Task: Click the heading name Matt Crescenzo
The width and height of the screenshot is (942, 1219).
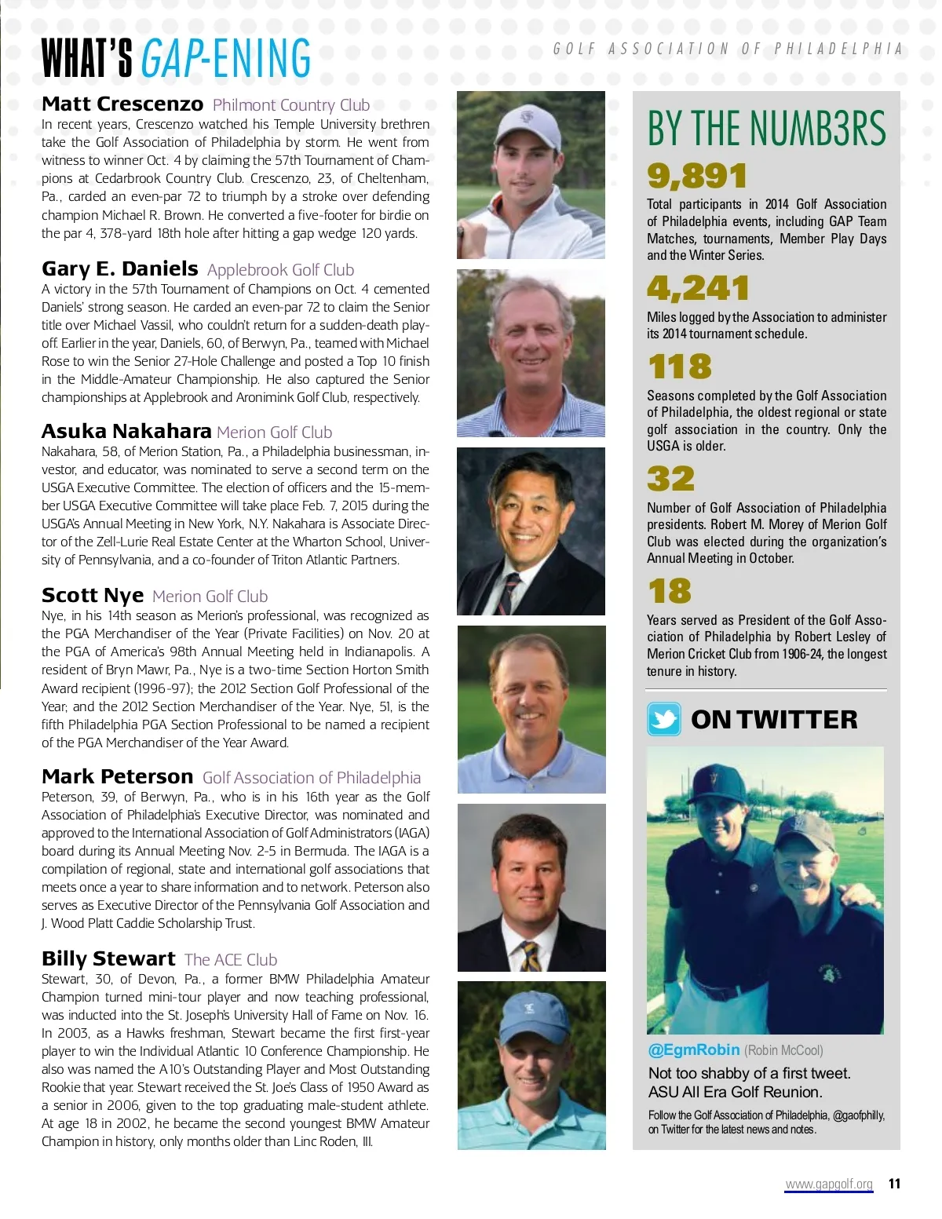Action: pos(122,104)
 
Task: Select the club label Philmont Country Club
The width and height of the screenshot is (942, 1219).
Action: pos(291,105)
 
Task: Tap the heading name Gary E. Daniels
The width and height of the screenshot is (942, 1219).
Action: pos(120,269)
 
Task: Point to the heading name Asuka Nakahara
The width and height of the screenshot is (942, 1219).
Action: pos(126,432)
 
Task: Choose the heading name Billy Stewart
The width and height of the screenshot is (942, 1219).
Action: pos(108,959)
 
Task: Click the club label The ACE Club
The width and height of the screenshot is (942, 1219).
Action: pos(231,960)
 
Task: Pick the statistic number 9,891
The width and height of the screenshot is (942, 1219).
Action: pos(697,176)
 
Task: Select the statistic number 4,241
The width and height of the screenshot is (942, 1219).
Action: pos(698,288)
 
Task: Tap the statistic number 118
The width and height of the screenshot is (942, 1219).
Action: pos(680,367)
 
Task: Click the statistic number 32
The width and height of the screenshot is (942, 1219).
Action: pos(671,479)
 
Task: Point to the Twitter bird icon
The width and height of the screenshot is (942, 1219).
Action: pos(664,719)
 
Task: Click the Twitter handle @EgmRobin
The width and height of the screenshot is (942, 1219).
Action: pos(694,1050)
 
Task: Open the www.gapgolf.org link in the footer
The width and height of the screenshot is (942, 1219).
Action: pos(829,1184)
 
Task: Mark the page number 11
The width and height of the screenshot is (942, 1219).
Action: pos(894,1184)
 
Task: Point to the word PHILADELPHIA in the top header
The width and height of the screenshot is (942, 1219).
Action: pos(838,49)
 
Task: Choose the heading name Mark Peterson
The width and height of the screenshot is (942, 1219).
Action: pos(118,777)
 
